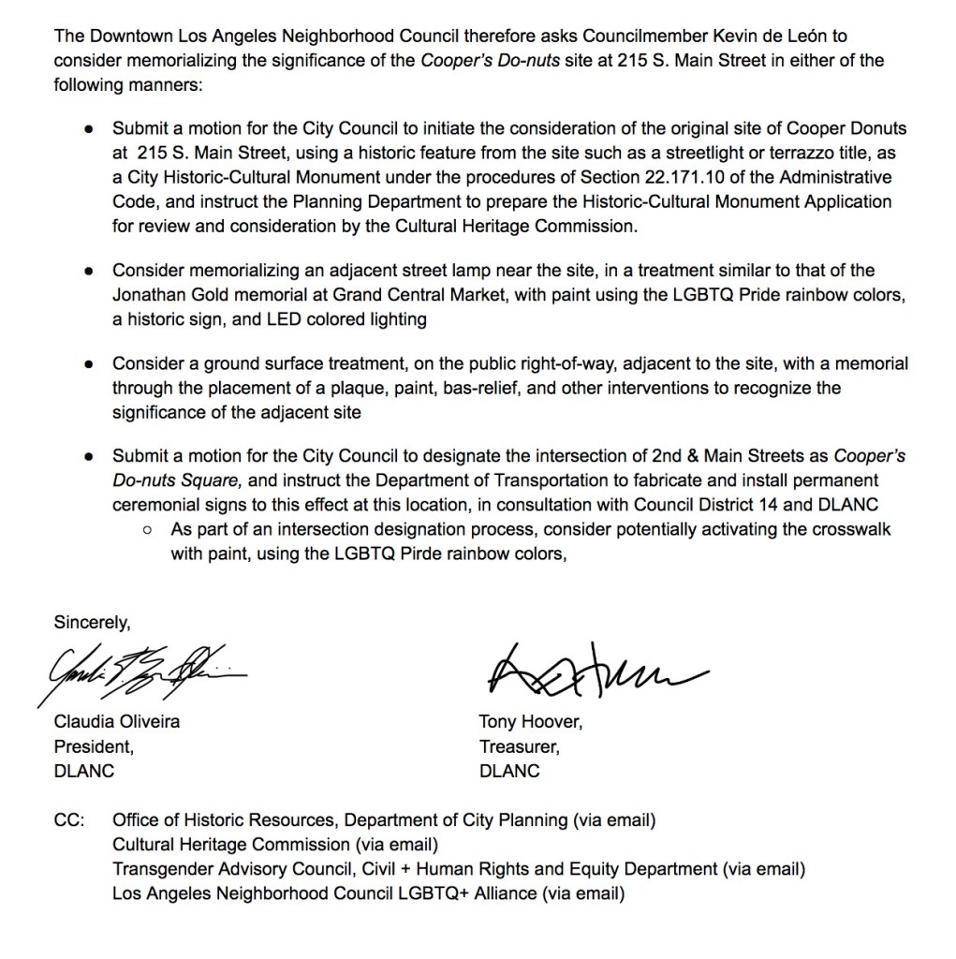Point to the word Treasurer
pyautogui.click(x=517, y=747)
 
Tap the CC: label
pyautogui.click(x=70, y=820)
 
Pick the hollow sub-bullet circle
pyautogui.click(x=148, y=530)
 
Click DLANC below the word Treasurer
pyautogui.click(x=509, y=772)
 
